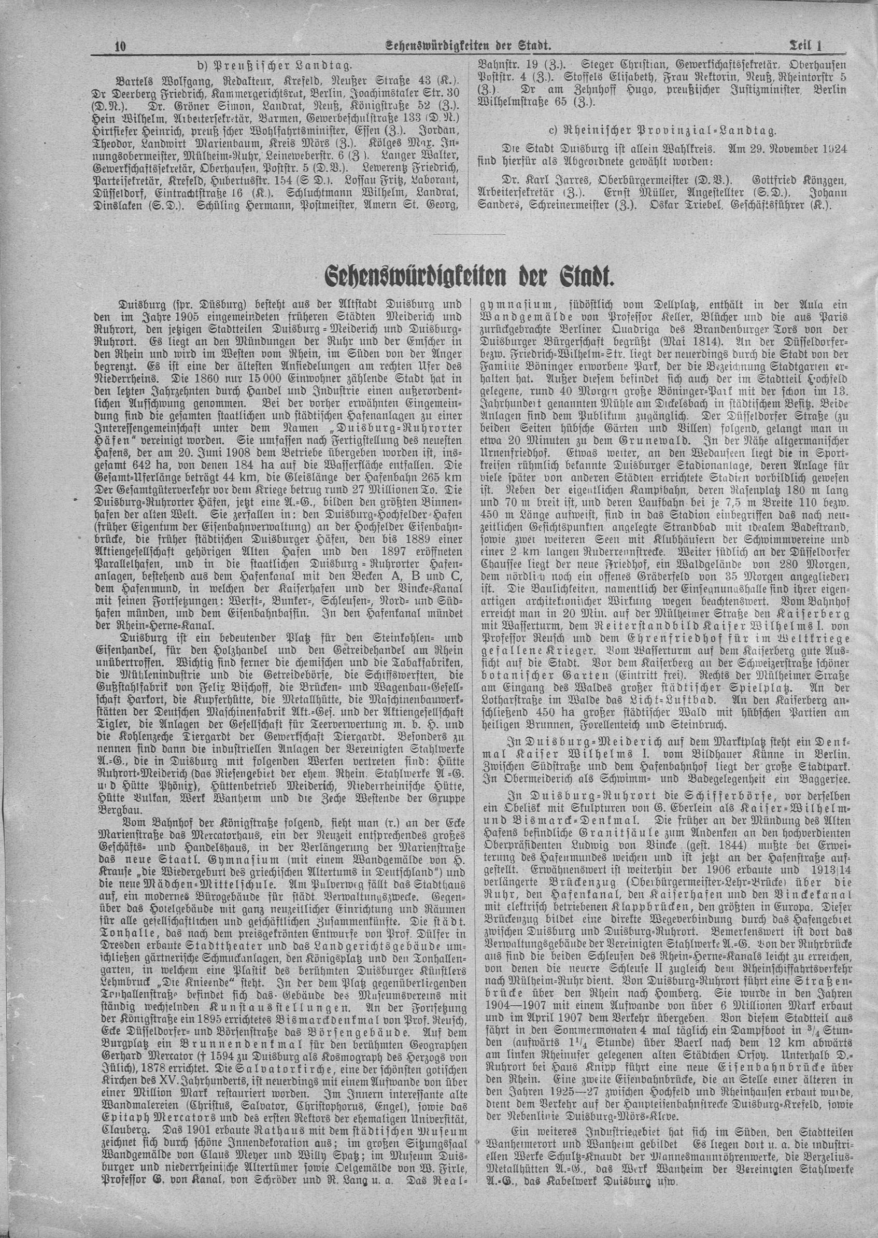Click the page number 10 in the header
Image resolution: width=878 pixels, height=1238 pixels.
120,47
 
